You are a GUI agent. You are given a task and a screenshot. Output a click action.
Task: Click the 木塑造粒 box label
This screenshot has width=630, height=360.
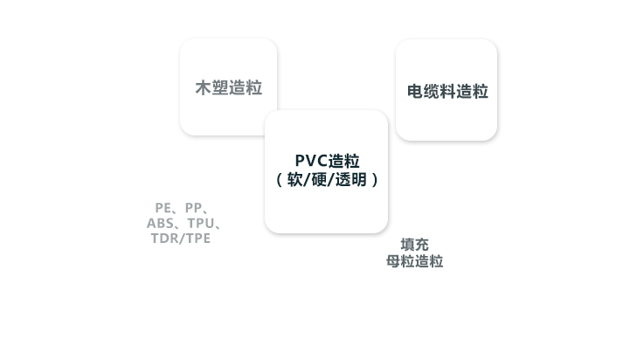pyautogui.click(x=228, y=88)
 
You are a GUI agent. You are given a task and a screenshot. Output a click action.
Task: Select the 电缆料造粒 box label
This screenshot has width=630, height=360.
pyautogui.click(x=447, y=91)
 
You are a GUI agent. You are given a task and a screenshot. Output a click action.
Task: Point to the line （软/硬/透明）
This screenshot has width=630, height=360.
pyautogui.click(x=327, y=180)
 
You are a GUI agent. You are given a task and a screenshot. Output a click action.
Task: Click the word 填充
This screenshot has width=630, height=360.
pyautogui.click(x=415, y=244)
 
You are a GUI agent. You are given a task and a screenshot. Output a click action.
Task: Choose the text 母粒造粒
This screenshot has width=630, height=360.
pyautogui.click(x=415, y=261)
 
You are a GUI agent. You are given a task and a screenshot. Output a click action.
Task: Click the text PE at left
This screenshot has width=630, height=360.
pyautogui.click(x=163, y=207)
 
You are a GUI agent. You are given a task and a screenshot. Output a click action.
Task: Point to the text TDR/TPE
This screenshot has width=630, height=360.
pyautogui.click(x=181, y=239)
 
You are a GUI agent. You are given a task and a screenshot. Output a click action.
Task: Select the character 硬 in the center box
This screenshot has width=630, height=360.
pyautogui.click(x=321, y=180)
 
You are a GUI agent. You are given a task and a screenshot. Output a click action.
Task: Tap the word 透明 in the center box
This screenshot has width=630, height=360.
pyautogui.click(x=352, y=180)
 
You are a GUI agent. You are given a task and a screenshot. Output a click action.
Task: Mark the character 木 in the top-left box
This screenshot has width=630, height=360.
pyautogui.click(x=203, y=88)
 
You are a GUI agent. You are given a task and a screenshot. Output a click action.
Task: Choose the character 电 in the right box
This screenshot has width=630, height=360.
pyautogui.click(x=416, y=91)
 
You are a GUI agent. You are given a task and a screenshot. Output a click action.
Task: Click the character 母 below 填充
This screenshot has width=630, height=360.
pyautogui.click(x=393, y=261)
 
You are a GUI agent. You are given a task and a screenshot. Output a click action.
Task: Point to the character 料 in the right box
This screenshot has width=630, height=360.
pyautogui.click(x=447, y=91)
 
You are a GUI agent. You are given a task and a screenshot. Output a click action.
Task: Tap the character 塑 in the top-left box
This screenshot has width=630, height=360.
pyautogui.click(x=219, y=88)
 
